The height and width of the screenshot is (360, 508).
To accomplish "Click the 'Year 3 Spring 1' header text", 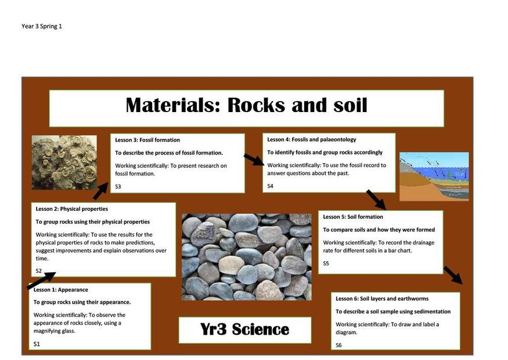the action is point(42,26).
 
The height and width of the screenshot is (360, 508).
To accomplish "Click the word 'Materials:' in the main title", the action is point(173,105).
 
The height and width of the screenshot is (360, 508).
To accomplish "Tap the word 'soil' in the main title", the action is point(350,105).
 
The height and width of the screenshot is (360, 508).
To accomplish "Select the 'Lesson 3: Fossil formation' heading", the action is point(147,140).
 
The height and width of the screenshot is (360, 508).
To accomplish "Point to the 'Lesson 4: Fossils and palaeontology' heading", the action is point(312,139).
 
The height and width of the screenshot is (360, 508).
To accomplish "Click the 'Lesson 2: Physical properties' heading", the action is point(72,209).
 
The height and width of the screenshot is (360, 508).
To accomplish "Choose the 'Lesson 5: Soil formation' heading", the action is point(353,217).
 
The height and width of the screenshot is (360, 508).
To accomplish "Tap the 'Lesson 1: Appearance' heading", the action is point(60,290).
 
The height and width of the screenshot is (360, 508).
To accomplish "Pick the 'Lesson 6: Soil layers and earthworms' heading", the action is point(382,299).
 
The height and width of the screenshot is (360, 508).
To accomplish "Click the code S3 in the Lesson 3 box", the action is point(118,186).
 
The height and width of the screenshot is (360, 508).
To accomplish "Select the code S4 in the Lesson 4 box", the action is point(270,186).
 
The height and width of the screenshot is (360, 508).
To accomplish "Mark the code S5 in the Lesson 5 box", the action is point(326,264).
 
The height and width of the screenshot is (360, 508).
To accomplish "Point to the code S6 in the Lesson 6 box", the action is point(338,345).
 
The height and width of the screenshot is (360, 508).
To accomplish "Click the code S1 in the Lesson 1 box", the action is point(37,344).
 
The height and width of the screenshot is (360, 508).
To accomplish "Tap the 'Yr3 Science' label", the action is point(244,329).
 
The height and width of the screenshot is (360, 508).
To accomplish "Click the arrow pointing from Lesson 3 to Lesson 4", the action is point(254,160).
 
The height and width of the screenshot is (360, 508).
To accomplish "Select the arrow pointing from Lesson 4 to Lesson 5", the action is point(376,200).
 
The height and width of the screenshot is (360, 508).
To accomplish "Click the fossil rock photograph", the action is point(64,163).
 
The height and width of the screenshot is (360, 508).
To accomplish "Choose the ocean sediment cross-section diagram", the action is point(434,177).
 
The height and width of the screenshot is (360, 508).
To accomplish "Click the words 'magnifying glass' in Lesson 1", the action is point(55,331).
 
